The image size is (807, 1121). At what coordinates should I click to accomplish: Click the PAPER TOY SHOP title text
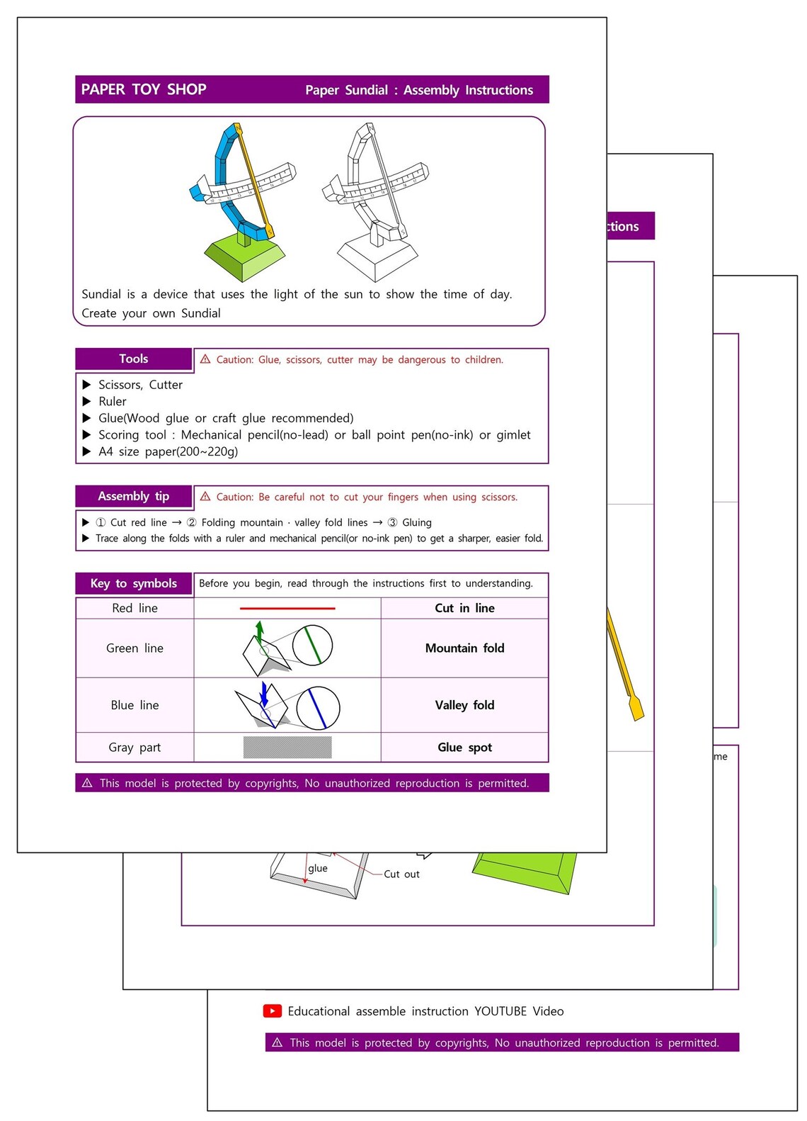coord(144,89)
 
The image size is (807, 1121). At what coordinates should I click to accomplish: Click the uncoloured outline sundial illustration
coord(375,202)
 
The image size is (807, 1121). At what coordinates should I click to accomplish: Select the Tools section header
coord(134,359)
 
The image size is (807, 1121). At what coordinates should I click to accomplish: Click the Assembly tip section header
coord(134,496)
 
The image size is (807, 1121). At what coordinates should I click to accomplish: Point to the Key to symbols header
coord(134,583)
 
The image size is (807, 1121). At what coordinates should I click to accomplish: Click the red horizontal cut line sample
coord(287,608)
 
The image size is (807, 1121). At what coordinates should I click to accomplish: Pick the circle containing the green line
coord(312,646)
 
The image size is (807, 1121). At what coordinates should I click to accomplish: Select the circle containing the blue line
coord(318,708)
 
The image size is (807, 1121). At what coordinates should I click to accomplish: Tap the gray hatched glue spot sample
coord(287,748)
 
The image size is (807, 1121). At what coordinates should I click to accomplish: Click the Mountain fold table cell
coord(464,648)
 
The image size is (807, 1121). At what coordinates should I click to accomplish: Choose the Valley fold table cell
coord(464,705)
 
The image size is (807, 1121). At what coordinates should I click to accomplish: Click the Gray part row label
coord(134,748)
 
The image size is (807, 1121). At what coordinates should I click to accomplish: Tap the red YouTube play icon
coord(273,1011)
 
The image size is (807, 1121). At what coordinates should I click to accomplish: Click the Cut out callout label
coord(401,874)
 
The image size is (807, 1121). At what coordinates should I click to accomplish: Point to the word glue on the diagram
coord(318,868)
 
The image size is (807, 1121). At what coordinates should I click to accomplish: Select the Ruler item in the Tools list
coord(113,401)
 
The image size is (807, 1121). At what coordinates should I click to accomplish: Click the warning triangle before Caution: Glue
coord(205,359)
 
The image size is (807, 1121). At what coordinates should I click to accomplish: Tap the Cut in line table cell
coord(464,608)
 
